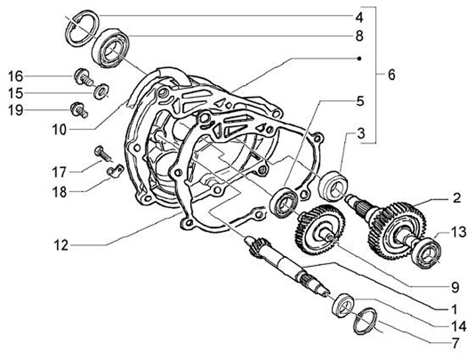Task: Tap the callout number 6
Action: [x=391, y=75]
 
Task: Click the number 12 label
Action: [x=62, y=245]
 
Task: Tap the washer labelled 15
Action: [x=101, y=90]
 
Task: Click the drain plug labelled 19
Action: [x=79, y=109]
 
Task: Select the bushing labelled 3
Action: [x=332, y=184]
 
